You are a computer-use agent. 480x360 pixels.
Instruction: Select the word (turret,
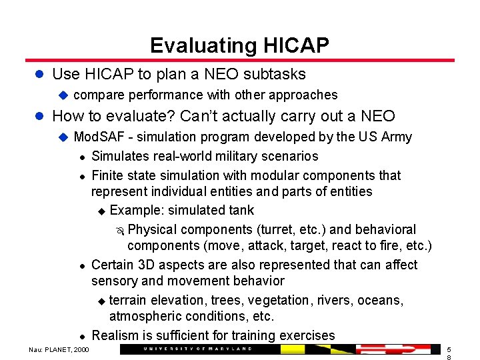click(x=261, y=230)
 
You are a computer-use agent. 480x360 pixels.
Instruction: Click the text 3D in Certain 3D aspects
click(x=151, y=265)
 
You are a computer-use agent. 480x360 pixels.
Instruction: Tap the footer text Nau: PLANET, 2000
click(x=58, y=350)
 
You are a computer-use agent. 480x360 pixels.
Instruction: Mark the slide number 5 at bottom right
click(x=449, y=349)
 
